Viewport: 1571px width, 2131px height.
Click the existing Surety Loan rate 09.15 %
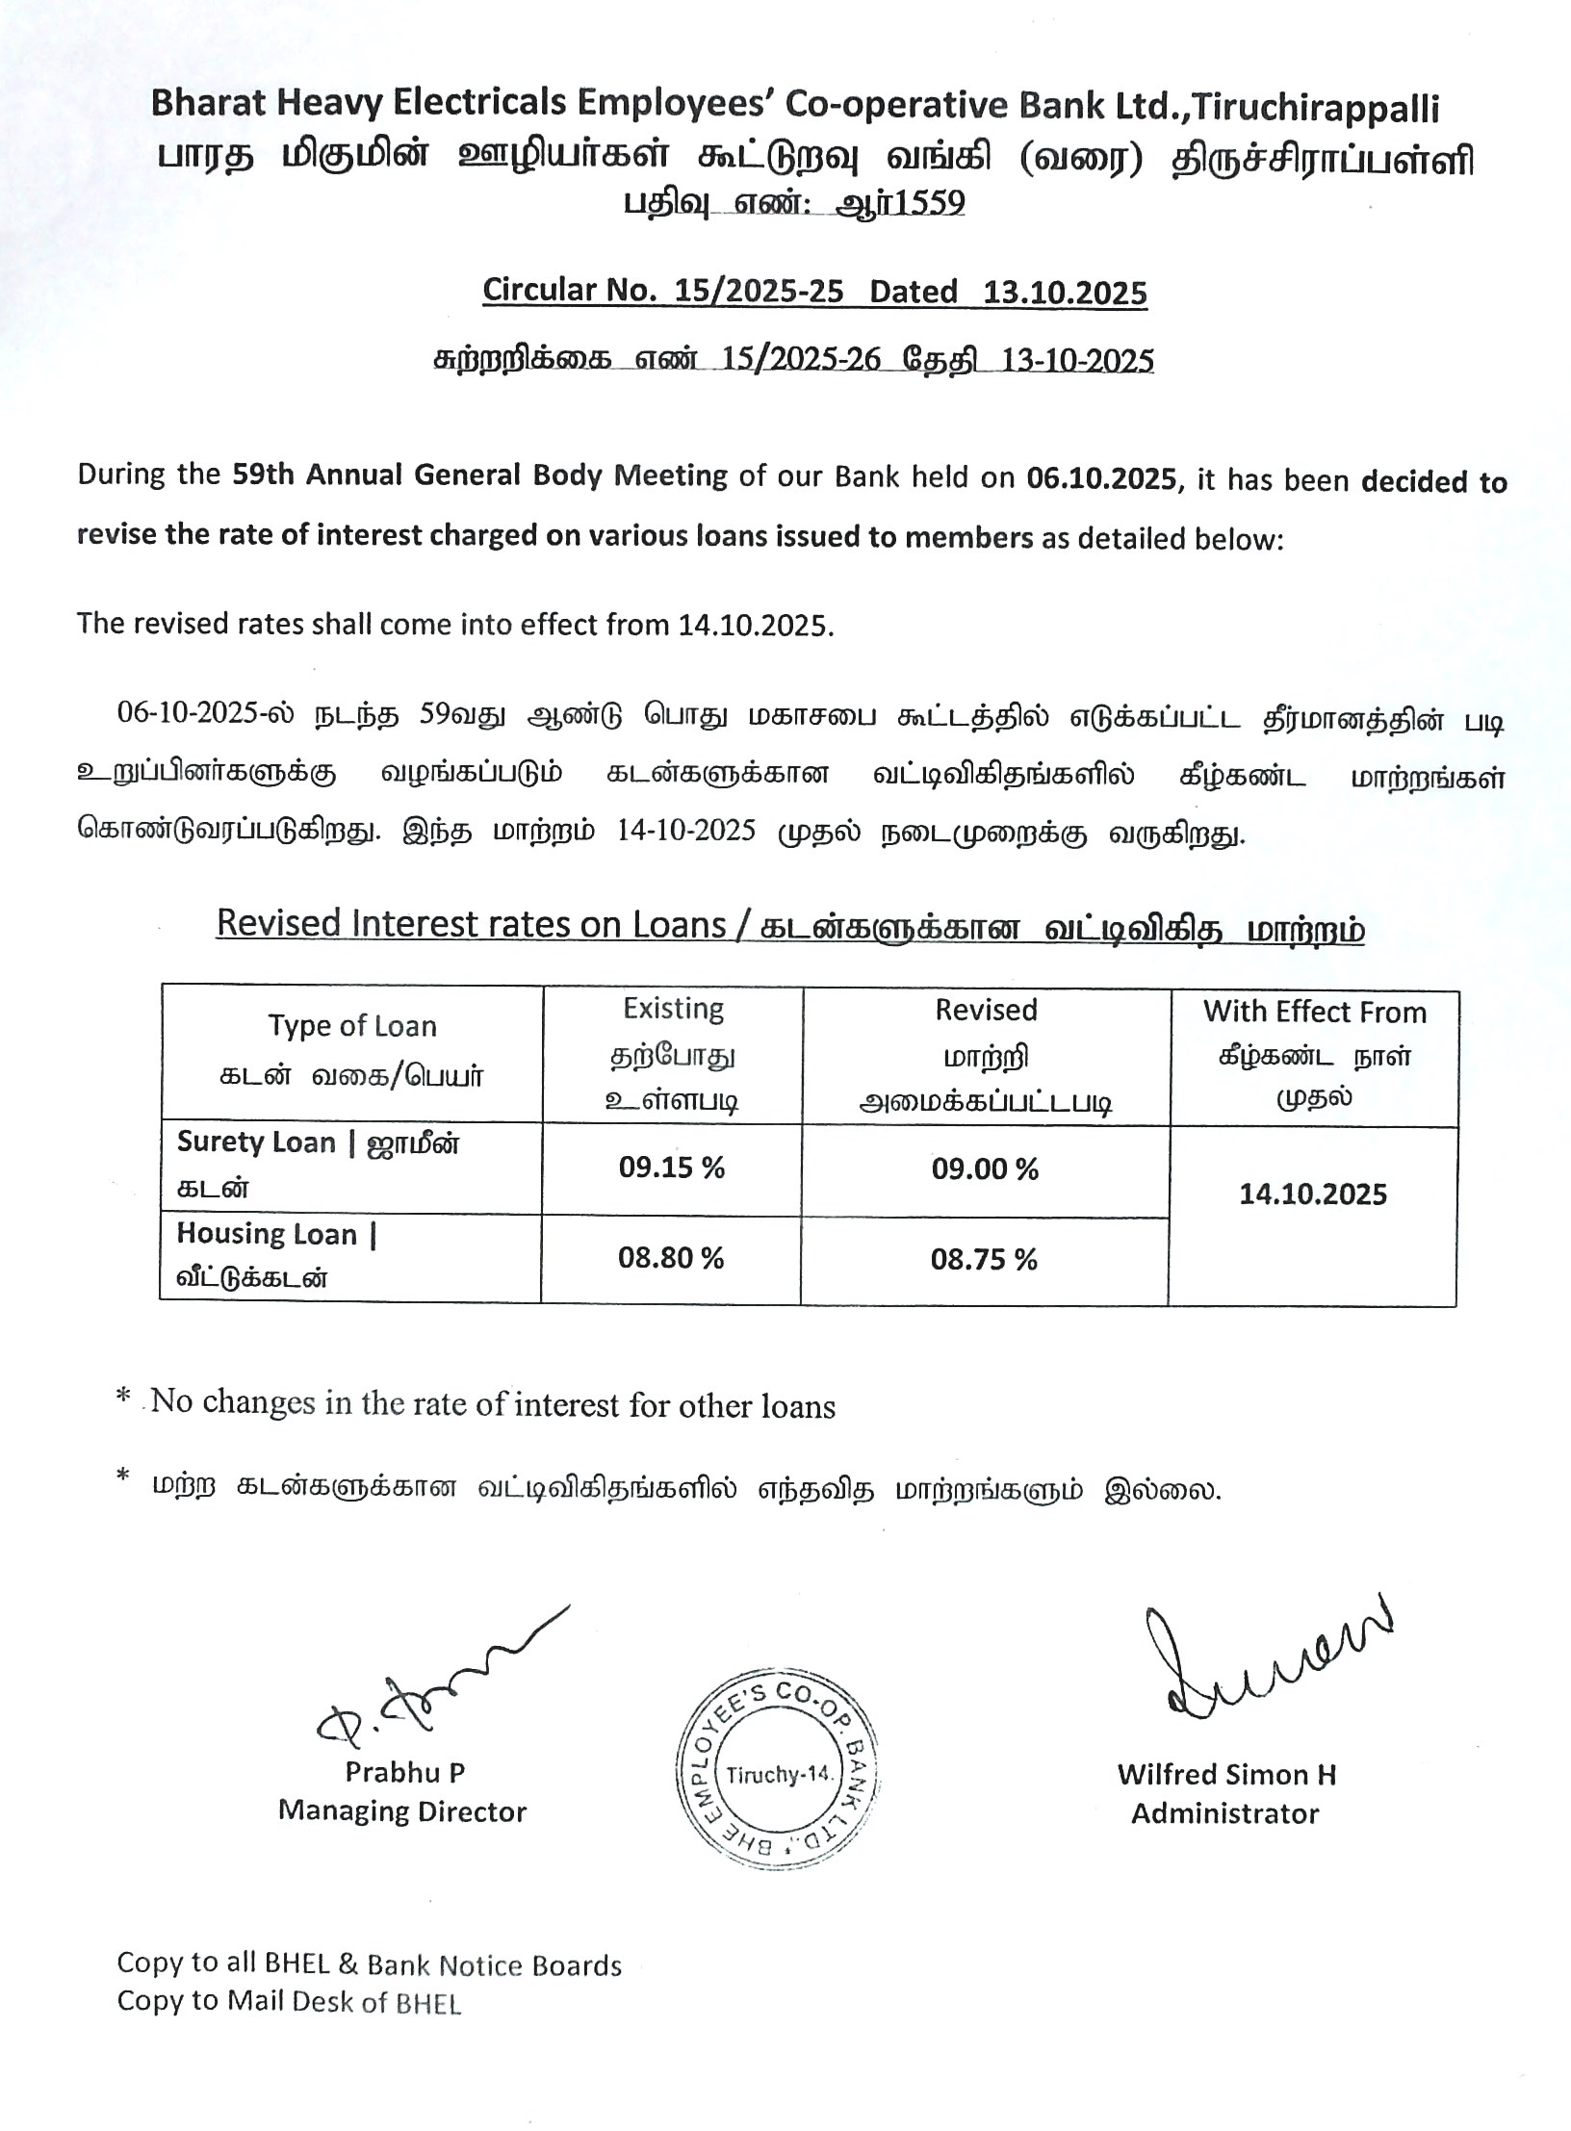[671, 1168]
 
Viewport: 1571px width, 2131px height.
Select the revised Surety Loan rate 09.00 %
[985, 1169]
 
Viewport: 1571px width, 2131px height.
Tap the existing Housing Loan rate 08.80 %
[670, 1257]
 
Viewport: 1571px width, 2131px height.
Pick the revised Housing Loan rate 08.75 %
[984, 1259]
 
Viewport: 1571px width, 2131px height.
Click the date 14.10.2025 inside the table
[1313, 1194]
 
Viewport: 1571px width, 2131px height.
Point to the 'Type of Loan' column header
[352, 1026]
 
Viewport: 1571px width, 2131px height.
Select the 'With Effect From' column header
[1314, 1013]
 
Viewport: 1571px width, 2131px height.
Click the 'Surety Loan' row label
[256, 1143]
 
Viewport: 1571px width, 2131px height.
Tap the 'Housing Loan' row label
[267, 1234]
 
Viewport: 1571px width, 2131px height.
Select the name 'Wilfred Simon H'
[1226, 1774]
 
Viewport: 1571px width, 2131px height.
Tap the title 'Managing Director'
[402, 1811]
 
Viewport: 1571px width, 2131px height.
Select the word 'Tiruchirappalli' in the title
[1315, 108]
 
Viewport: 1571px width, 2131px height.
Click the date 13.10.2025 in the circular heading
[1065, 292]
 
